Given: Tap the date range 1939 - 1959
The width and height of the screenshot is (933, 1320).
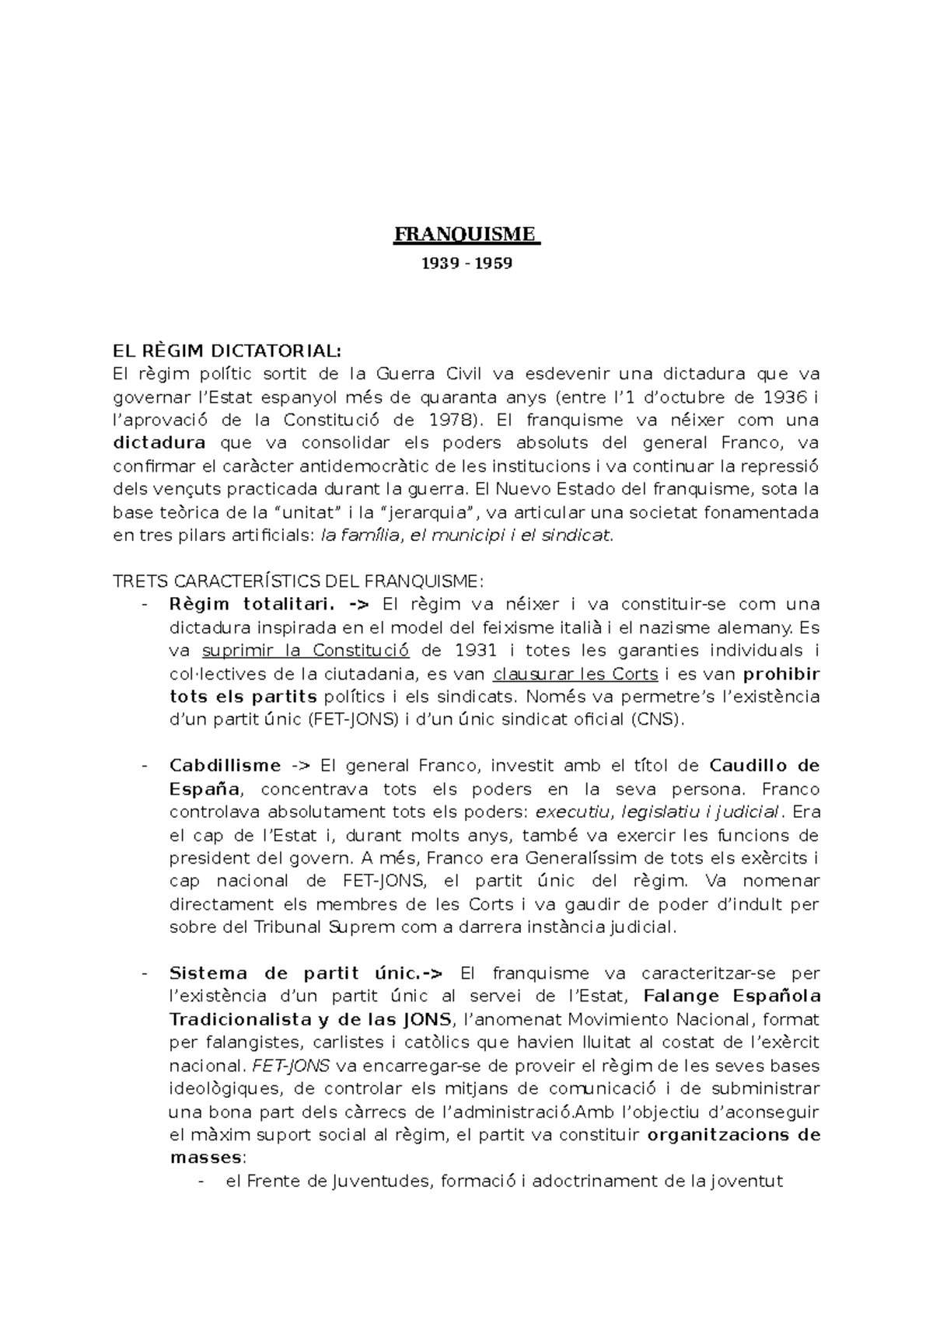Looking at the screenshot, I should (466, 264).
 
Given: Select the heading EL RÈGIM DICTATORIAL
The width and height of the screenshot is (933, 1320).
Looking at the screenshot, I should (226, 350).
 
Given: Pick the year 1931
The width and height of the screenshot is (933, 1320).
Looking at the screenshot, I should (475, 650).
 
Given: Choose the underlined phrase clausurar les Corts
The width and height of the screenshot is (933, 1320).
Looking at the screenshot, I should (575, 673).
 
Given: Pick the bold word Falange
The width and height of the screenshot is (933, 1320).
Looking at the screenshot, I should (683, 996).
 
